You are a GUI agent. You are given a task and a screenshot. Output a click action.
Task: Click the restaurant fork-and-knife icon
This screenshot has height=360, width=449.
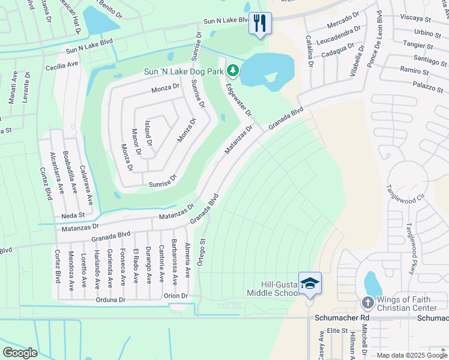point(260,23)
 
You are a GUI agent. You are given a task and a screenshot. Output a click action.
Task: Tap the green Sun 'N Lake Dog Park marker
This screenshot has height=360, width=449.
point(232,71)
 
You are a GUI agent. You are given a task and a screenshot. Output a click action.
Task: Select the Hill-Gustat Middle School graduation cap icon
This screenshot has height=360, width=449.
point(310,283)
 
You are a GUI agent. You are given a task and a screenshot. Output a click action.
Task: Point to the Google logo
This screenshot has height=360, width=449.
point(20,352)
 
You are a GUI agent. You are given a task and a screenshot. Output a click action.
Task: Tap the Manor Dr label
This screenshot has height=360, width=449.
point(136,143)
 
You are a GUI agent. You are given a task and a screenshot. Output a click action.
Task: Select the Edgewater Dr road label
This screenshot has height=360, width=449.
point(238,100)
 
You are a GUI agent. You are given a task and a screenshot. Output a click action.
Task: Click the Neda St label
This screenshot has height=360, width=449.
point(73,215)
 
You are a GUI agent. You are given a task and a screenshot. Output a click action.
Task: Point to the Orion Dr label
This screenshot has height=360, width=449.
point(176,296)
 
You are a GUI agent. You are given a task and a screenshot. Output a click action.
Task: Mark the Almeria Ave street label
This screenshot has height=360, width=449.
point(188,264)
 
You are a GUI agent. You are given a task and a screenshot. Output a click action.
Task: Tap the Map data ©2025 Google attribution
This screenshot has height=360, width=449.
point(412,355)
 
